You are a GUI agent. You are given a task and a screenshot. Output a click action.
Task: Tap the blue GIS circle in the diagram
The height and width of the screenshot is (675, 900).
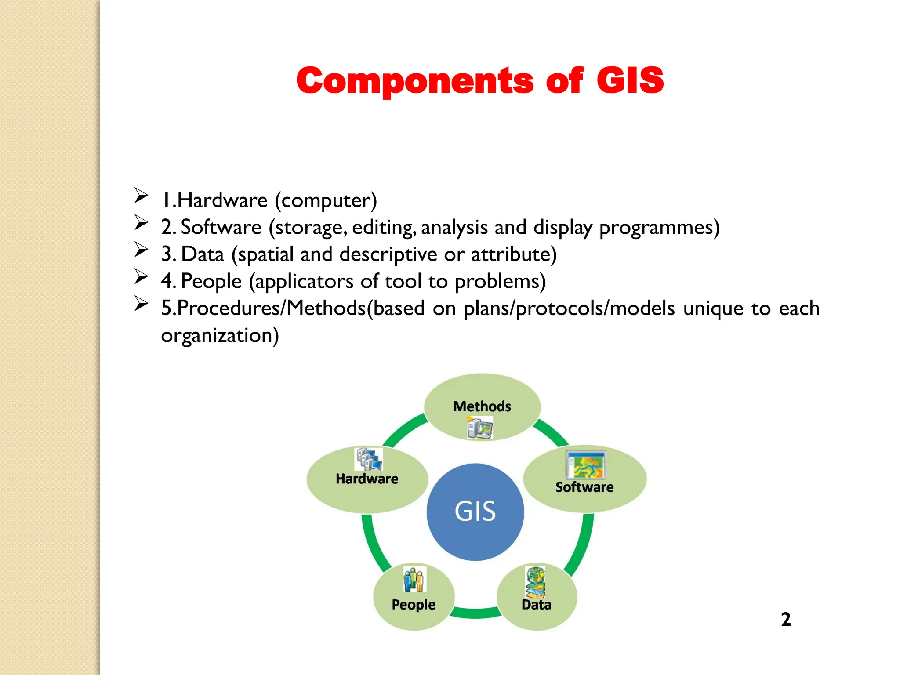pos(475,512)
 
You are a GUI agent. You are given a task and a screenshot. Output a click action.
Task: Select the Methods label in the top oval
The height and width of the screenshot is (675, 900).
pos(482,406)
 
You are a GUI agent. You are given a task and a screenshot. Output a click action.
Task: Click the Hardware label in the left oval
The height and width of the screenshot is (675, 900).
pos(367,479)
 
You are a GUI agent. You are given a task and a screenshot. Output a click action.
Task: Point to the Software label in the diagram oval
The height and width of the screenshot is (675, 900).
pos(584,487)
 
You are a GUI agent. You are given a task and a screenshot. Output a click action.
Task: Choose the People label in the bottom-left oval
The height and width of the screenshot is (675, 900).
pos(414,604)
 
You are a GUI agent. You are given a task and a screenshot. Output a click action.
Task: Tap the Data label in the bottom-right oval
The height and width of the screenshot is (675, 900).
pos(536,605)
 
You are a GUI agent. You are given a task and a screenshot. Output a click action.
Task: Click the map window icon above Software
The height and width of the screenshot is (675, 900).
pos(586,465)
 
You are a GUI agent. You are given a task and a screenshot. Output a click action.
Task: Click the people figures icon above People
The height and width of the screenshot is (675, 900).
pos(414,580)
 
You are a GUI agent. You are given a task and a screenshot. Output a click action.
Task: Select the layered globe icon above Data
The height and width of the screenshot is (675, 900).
pos(536,582)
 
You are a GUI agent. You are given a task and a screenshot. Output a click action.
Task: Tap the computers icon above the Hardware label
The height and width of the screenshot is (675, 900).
pos(369,459)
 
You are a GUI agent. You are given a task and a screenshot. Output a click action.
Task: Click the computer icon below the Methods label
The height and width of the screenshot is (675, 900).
pos(480,428)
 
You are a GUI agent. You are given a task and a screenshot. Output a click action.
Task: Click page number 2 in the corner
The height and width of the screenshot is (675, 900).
pos(786,619)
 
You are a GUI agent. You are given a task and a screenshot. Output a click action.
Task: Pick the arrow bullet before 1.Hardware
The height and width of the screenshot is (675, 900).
pos(141,195)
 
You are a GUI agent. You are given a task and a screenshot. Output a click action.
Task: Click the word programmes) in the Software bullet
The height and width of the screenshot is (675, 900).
pos(659,228)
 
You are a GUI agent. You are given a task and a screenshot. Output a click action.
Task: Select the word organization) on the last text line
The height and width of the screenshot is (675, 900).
pos(220,335)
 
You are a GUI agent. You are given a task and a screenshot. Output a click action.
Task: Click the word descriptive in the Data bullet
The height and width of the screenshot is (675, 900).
pos(388,254)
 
